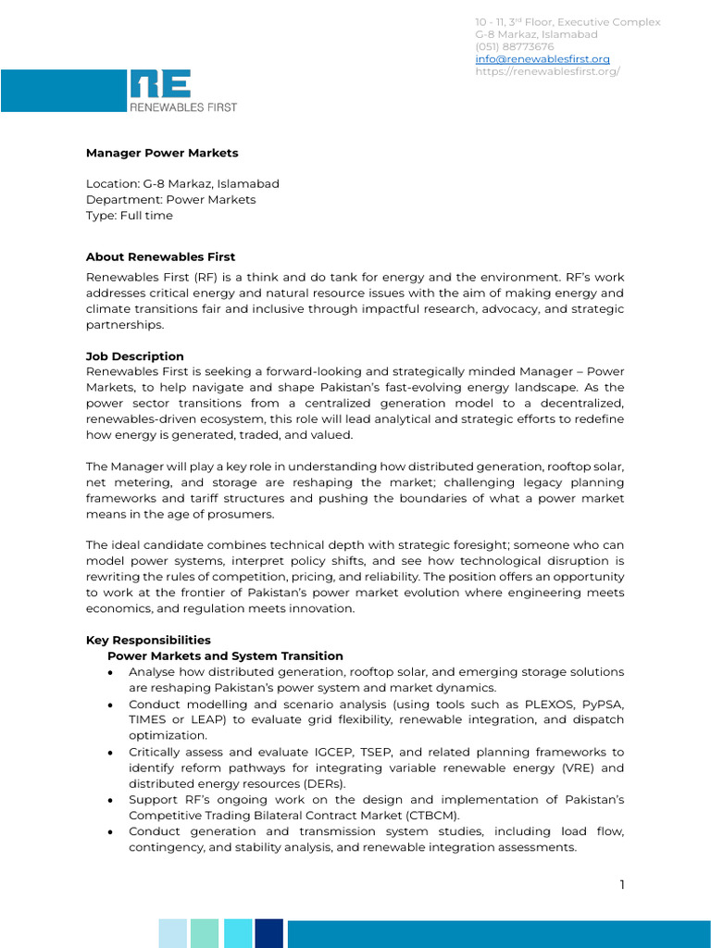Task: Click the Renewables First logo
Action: [x=182, y=91]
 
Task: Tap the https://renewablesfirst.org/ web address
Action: [x=547, y=71]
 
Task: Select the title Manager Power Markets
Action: [x=162, y=153]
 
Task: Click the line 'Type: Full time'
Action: [x=130, y=216]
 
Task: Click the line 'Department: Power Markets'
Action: [x=170, y=200]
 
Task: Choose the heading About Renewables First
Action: [x=160, y=256]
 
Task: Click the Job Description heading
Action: [x=135, y=356]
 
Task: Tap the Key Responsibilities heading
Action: [x=148, y=640]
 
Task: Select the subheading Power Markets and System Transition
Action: [x=225, y=655]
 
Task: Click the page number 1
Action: [x=622, y=885]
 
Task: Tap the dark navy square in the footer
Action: [x=268, y=933]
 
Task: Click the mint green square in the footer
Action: [x=205, y=933]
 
